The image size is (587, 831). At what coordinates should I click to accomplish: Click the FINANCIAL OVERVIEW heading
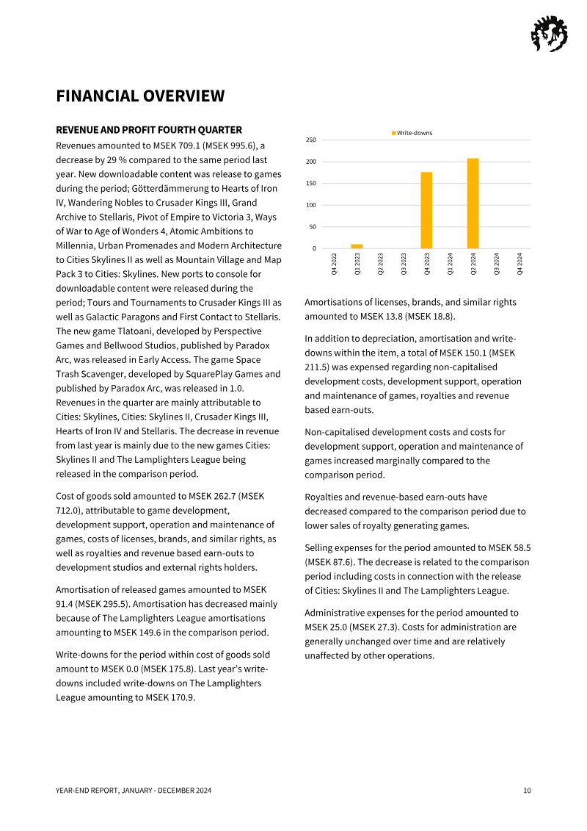140,96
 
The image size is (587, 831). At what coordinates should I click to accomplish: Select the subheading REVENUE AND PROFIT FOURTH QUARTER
149,130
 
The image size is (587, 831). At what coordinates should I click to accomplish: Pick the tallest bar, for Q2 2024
473,204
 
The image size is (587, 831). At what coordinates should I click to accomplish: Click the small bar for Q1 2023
357,246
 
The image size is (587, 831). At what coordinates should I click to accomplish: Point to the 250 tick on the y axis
311,140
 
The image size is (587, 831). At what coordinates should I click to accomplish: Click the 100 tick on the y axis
311,205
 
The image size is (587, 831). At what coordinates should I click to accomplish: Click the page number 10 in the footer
527,791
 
